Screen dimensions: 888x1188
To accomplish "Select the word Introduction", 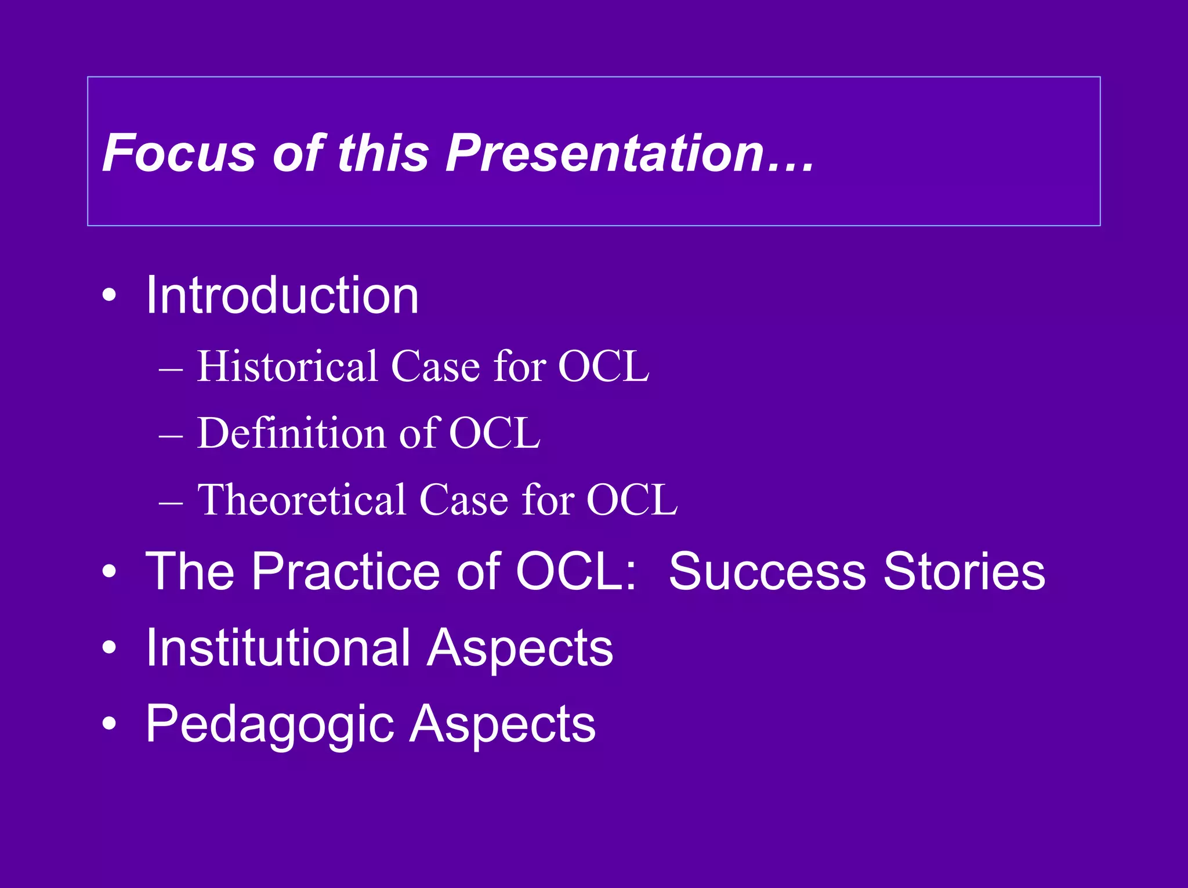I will (281, 296).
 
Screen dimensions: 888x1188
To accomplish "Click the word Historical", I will (287, 367).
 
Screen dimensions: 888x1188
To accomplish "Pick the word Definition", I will (292, 433).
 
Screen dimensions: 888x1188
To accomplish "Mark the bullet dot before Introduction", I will (108, 297).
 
